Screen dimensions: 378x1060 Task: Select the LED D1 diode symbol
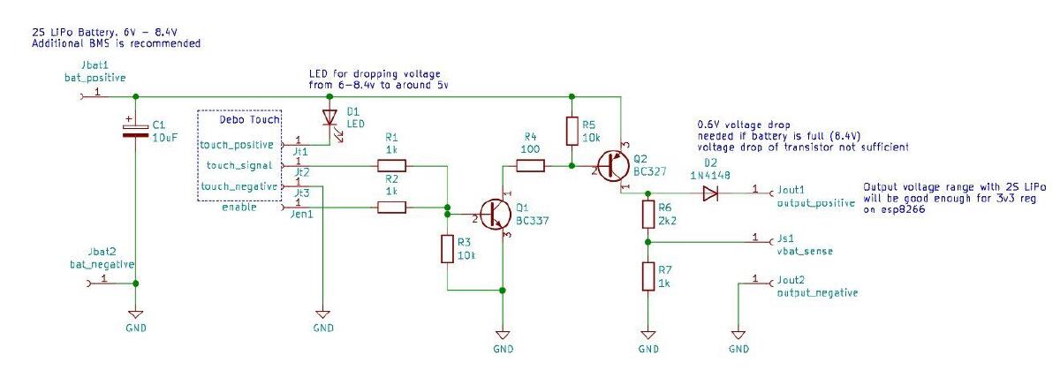(x=330, y=117)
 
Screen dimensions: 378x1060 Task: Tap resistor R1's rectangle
(x=391, y=165)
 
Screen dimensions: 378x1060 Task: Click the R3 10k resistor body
(x=447, y=248)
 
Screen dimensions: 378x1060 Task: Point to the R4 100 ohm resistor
(x=530, y=165)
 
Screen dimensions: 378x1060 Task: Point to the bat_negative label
(x=102, y=263)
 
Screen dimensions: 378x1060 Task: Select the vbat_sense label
(x=806, y=251)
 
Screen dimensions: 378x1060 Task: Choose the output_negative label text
(x=817, y=292)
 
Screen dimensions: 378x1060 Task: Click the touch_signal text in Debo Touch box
(x=241, y=165)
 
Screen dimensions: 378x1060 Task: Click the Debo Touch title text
(x=250, y=119)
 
